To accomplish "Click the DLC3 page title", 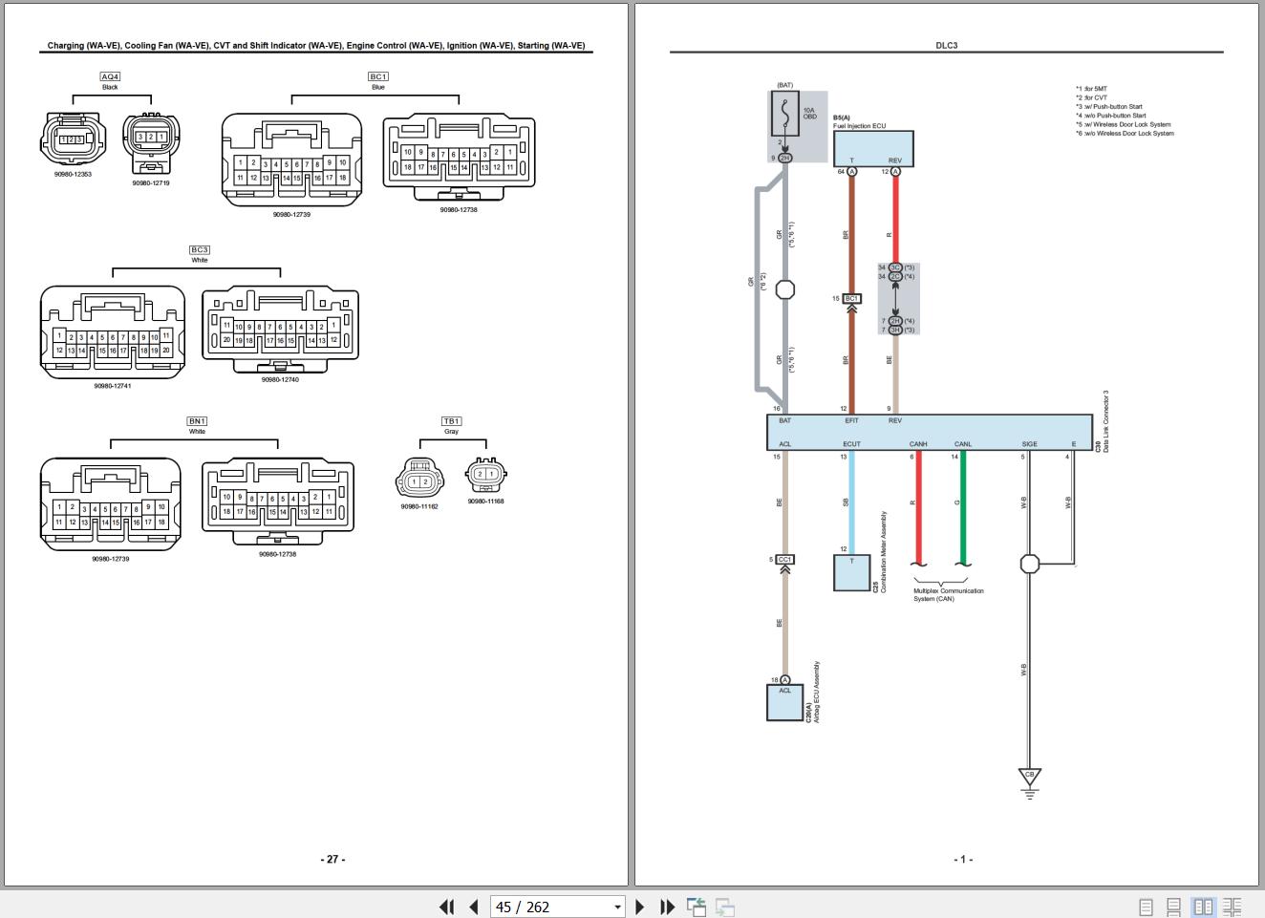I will coord(946,45).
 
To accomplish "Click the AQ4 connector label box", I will coord(110,76).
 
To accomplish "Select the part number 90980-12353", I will coord(73,175).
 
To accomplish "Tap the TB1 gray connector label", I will coord(451,421).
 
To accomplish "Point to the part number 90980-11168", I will coord(485,501).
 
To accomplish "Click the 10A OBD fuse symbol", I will coord(784,114).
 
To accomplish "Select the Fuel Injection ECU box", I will coord(873,149).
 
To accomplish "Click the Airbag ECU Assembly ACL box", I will coord(784,702).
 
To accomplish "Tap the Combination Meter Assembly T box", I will coord(850,572).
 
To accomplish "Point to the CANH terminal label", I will coord(917,444).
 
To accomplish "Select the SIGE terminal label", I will coord(1029,444).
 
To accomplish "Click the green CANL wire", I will coord(962,506).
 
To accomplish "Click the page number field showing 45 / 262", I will coord(556,907).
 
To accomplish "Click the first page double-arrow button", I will coord(446,907).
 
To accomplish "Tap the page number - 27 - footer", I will coord(332,859).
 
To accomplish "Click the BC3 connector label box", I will coord(199,250).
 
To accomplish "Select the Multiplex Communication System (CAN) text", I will coord(948,594).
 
